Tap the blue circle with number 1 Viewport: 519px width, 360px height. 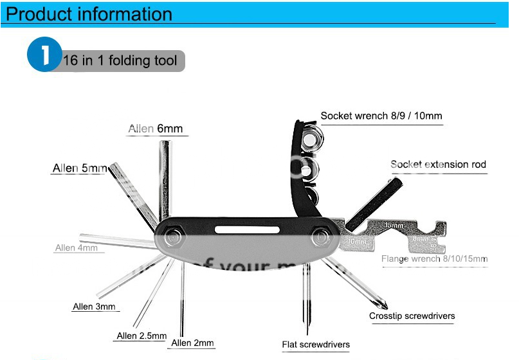point(43,55)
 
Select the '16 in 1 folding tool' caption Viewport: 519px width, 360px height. point(120,61)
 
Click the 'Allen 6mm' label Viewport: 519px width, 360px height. point(155,129)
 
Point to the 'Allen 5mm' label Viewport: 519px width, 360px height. point(79,168)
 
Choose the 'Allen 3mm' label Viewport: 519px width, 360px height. point(94,307)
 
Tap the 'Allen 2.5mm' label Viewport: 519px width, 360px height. point(141,336)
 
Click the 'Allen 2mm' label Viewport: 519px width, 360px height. point(192,343)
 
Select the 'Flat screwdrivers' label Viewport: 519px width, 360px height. point(316,345)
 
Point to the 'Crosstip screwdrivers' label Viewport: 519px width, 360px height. point(412,316)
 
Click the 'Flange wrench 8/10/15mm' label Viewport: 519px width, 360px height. point(434,259)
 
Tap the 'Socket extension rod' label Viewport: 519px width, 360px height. point(438,165)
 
